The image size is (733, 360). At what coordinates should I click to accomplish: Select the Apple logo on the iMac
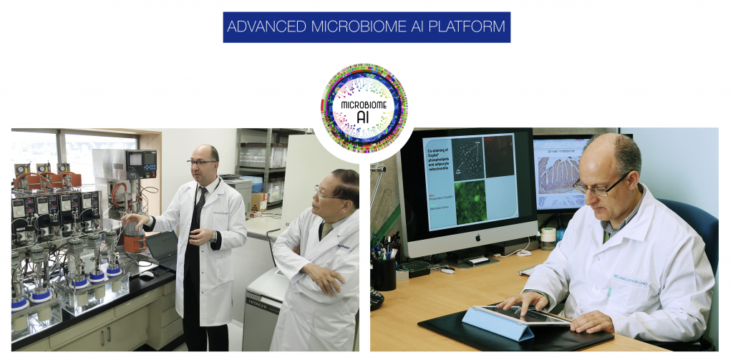point(467,236)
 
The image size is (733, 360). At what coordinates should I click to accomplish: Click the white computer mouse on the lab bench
point(146,274)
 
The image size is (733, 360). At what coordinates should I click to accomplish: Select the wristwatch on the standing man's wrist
point(213,236)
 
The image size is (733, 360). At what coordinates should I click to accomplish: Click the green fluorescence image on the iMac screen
point(470,201)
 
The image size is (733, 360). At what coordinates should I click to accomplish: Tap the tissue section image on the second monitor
point(559,175)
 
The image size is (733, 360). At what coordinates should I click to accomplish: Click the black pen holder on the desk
point(384,273)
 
